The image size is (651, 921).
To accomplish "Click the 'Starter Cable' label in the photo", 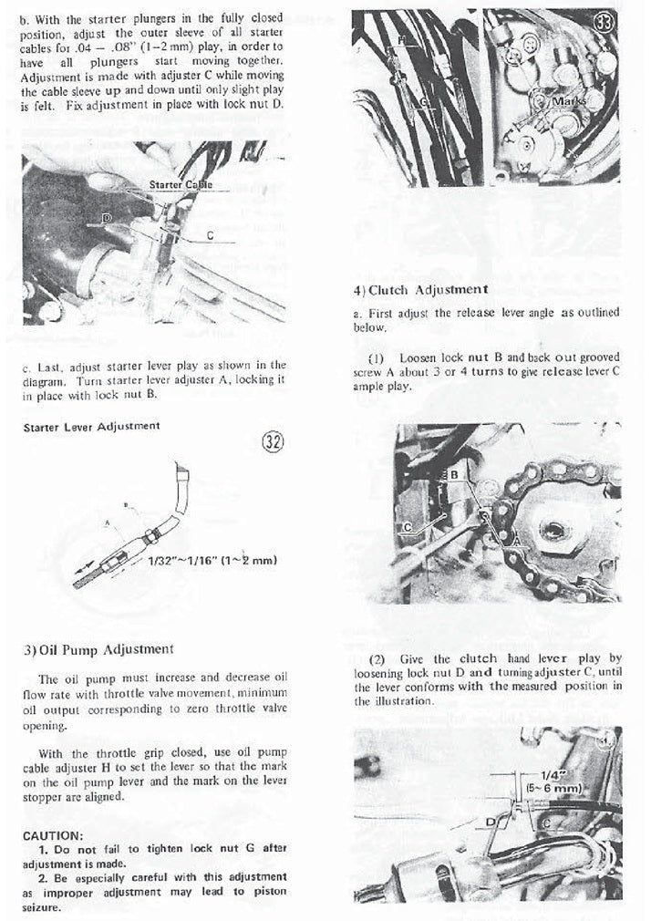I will pyautogui.click(x=181, y=185).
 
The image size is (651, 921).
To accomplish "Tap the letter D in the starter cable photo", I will pyautogui.click(x=107, y=219).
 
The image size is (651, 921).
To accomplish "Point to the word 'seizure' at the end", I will pyautogui.click(x=43, y=908).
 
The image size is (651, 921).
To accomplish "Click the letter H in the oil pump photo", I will pyautogui.click(x=401, y=40).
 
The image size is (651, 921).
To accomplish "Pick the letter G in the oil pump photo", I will pyautogui.click(x=423, y=102).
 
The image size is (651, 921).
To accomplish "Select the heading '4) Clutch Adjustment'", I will pyautogui.click(x=420, y=289).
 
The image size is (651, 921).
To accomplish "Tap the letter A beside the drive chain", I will pyautogui.click(x=517, y=541).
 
